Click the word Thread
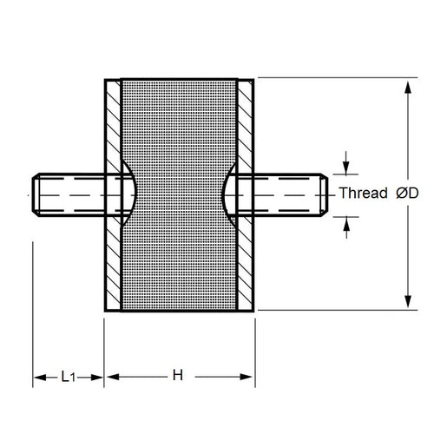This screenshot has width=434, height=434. click(x=362, y=194)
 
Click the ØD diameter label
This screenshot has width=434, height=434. click(x=407, y=194)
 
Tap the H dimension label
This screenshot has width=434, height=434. click(x=177, y=377)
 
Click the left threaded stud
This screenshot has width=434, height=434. click(x=69, y=194)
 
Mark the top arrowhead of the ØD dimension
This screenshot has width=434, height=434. click(x=407, y=87)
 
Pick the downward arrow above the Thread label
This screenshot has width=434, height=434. click(x=346, y=168)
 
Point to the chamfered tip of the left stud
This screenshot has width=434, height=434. click(x=36, y=194)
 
